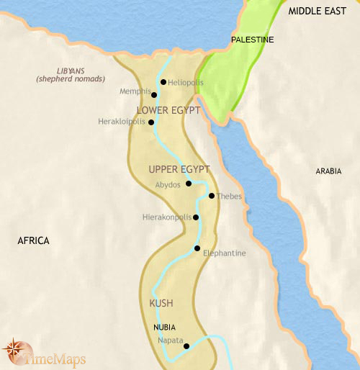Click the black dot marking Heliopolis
coord(163,82)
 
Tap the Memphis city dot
coord(154,94)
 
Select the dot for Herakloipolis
coord(151,122)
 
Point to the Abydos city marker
coord(188,184)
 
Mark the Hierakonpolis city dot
coord(195,217)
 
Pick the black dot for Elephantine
coord(197,249)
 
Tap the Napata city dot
coord(186,346)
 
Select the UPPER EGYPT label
coord(179,169)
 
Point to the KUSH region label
coord(161,303)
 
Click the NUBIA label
coord(164,327)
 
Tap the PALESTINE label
coord(252,40)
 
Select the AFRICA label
coord(33,240)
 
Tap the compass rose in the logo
coord(14,350)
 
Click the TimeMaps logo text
coord(52,353)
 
